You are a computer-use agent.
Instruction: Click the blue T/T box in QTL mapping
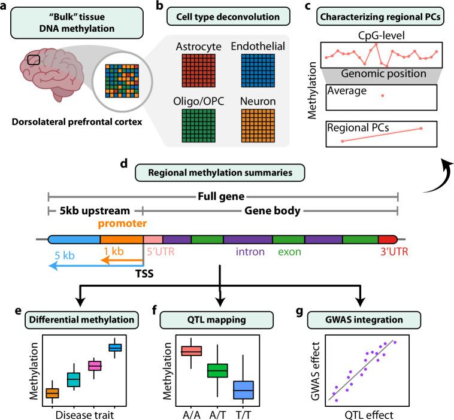click(243, 389)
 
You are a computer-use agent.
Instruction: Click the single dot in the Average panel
click(382, 96)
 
